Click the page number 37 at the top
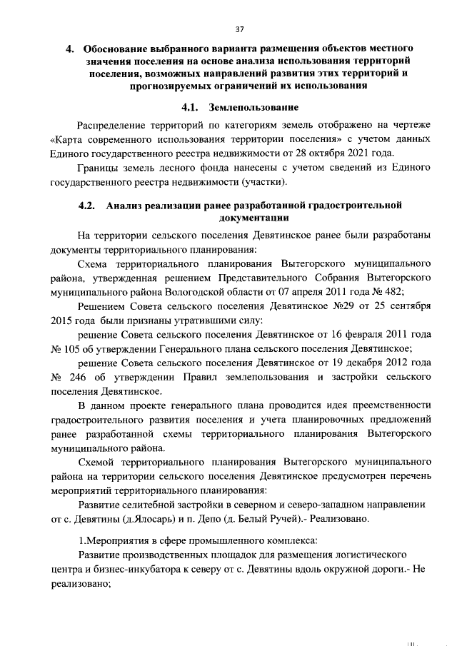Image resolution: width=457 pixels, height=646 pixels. [239, 29]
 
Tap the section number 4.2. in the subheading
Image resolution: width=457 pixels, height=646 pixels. [87, 206]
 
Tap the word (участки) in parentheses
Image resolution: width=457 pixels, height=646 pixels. [263, 183]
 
